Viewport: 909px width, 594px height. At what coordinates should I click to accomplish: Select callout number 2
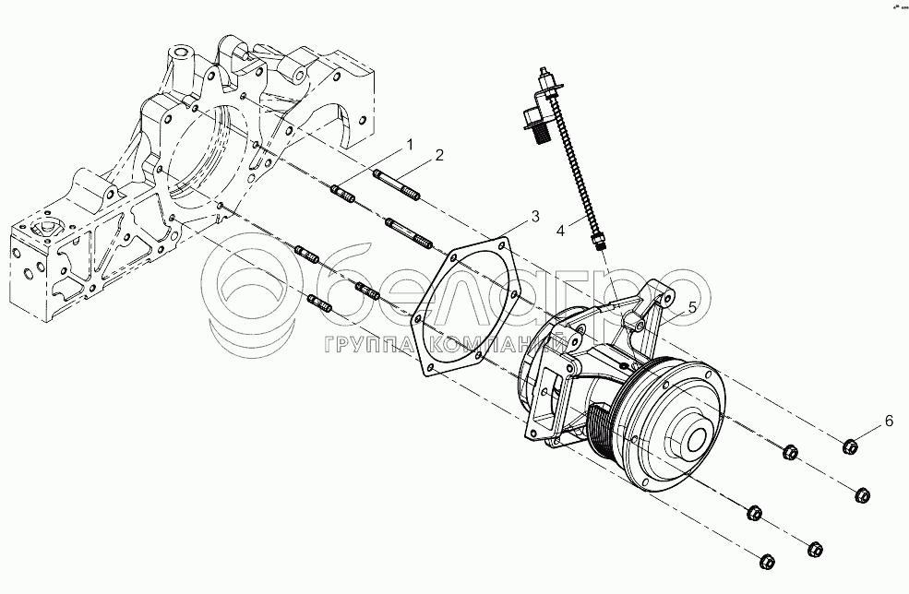coord(440,154)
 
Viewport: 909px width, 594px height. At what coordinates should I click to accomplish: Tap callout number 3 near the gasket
coord(534,217)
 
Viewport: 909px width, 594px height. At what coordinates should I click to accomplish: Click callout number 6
coord(889,421)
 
